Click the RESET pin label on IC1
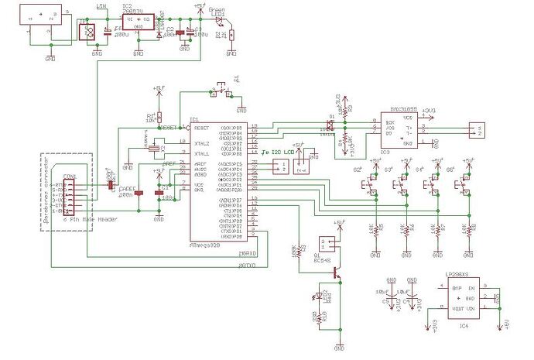click(x=202, y=127)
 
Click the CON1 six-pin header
click(x=69, y=194)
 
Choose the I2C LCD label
click(x=280, y=152)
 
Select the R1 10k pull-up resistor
click(x=159, y=117)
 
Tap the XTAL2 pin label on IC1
click(x=202, y=144)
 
